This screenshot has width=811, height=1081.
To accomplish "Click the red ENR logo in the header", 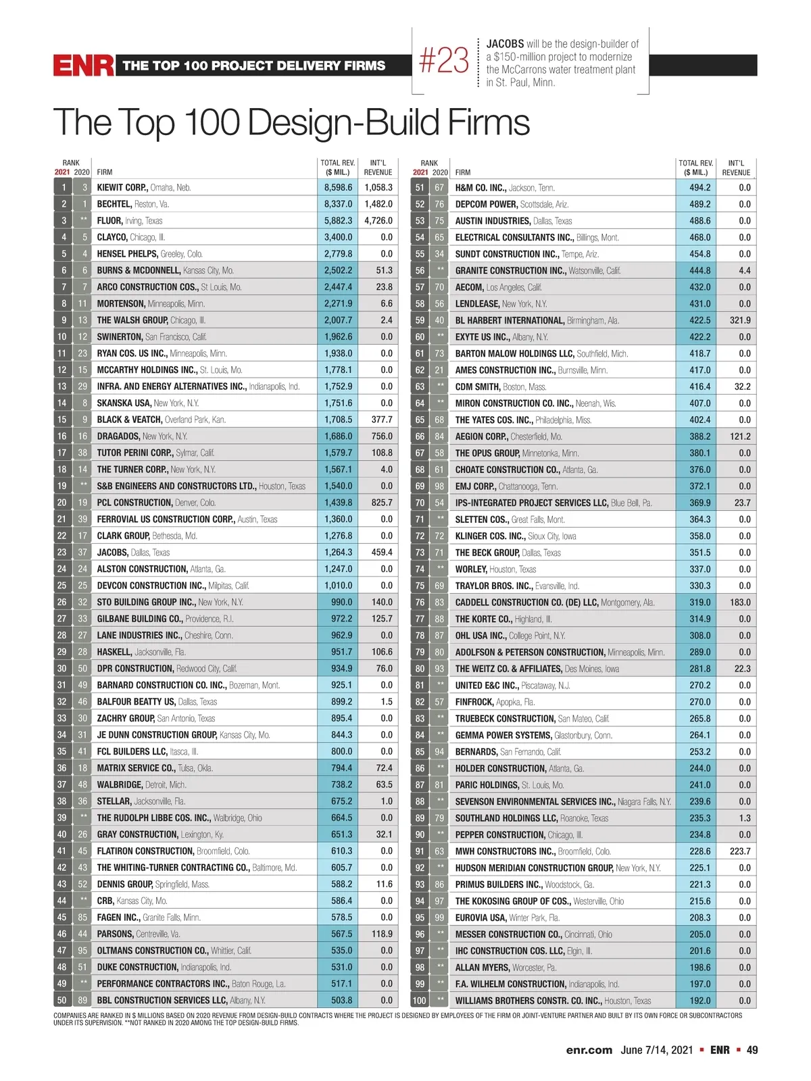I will click(84, 66).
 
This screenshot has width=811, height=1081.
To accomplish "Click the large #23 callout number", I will click(443, 61).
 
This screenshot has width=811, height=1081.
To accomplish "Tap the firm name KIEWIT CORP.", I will click(122, 188).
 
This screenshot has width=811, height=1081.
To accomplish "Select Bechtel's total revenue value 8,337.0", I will click(338, 204).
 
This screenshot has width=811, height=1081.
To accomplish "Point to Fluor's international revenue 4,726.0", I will click(378, 221).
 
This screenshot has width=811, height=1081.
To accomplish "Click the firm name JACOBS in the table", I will click(112, 553).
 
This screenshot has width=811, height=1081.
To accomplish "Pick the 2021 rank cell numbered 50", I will click(62, 1001).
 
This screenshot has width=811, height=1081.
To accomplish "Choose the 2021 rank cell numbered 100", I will click(420, 1001).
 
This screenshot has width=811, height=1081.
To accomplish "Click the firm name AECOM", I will click(468, 287).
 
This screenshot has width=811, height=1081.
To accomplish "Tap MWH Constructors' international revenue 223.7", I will click(740, 851).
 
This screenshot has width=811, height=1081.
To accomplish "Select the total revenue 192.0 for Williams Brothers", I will click(700, 1001).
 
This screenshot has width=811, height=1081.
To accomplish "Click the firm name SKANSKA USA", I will click(124, 403).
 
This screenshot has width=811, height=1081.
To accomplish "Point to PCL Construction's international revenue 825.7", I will click(382, 503).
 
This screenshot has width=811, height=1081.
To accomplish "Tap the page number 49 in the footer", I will click(752, 1050).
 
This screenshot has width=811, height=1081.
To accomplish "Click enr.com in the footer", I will click(589, 1050).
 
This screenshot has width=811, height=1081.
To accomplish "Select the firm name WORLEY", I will click(470, 570).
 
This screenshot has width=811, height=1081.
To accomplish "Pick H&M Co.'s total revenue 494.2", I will click(699, 188).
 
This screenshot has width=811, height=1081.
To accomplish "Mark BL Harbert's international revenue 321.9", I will click(740, 320).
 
